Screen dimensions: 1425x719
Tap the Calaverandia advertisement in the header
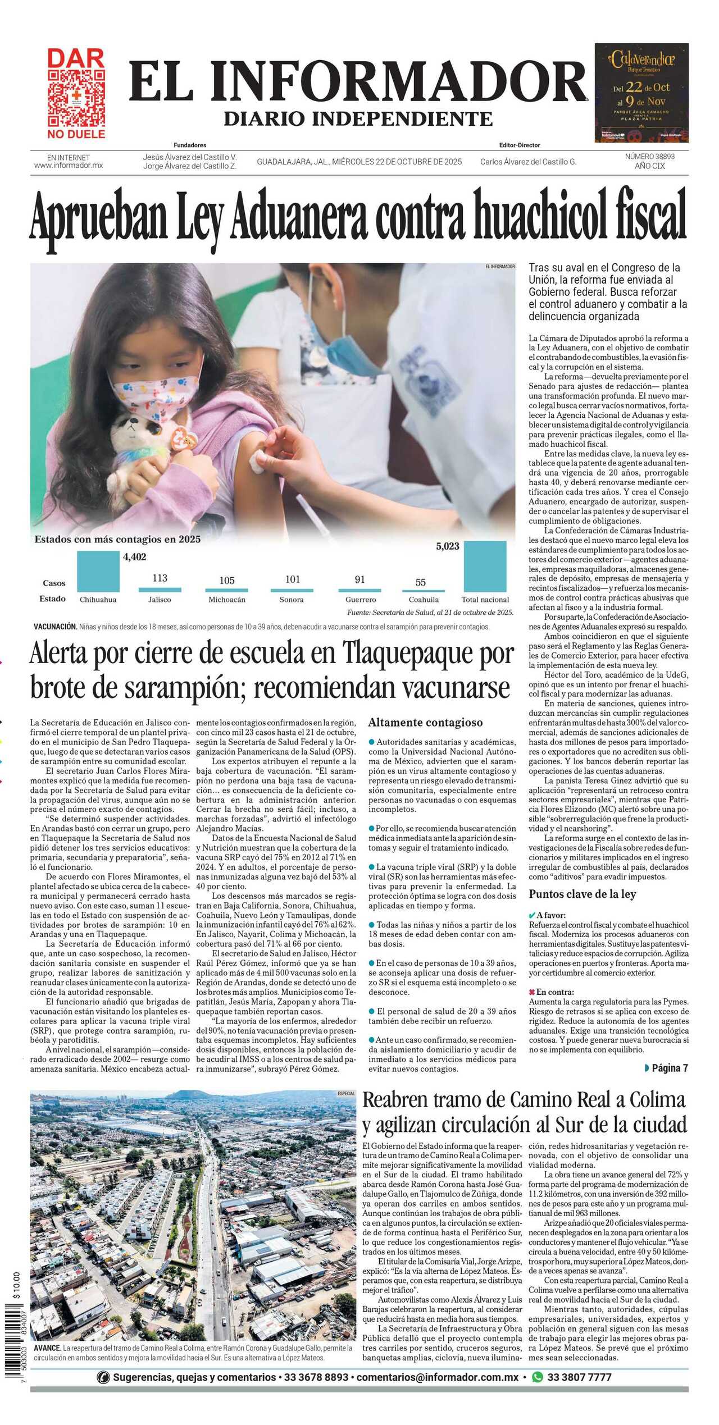641,93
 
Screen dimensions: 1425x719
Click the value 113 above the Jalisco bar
160,578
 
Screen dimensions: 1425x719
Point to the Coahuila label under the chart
424,599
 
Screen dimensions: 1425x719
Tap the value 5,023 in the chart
448,546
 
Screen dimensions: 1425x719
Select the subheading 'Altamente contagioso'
425,722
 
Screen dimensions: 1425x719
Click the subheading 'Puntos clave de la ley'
583,894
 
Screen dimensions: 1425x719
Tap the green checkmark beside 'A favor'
532,915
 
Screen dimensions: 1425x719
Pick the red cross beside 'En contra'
532,992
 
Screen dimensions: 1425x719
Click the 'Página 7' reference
668,1068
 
